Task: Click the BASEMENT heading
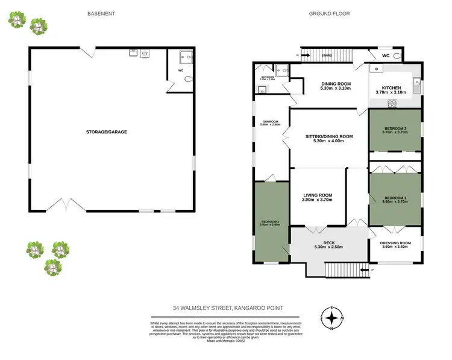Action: coord(101,13)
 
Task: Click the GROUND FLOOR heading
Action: coord(329,13)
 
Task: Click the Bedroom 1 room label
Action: coord(396,199)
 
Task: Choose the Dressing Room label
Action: coord(395,244)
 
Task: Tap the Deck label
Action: coord(328,244)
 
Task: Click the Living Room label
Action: coord(318,197)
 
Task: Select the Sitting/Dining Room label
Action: coord(328,139)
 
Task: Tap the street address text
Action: coord(236,308)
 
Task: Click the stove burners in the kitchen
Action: coord(392,103)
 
